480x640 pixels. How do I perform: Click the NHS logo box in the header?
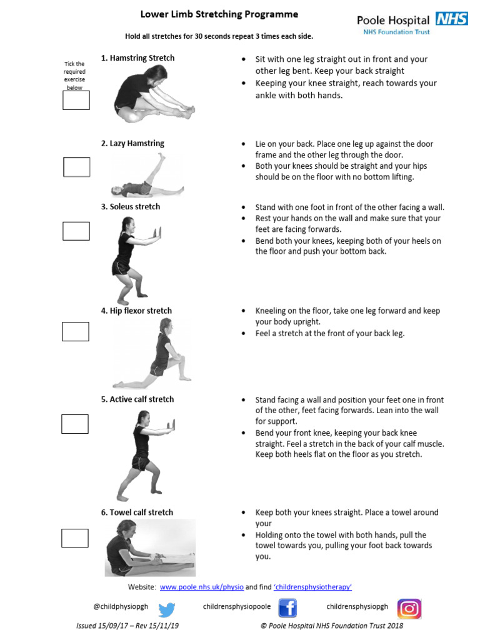(452, 19)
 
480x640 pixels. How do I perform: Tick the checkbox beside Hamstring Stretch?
(76, 100)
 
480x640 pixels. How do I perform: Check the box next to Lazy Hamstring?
(77, 167)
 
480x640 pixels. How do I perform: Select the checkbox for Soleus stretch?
(76, 231)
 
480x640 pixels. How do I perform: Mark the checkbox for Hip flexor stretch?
(76, 331)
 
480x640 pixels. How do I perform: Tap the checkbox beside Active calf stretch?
(75, 424)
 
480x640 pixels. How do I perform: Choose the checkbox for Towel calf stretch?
(75, 537)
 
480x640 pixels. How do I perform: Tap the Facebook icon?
(287, 608)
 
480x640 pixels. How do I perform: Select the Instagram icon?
(409, 608)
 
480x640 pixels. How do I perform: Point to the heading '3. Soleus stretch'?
(131, 207)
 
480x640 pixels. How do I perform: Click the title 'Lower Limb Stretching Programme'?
(219, 14)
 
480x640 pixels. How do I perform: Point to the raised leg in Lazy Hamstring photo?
(156, 169)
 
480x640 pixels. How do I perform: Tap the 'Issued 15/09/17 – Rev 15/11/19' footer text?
(127, 626)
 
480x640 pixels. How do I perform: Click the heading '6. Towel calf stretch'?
(137, 512)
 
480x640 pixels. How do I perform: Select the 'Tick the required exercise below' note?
(75, 76)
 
